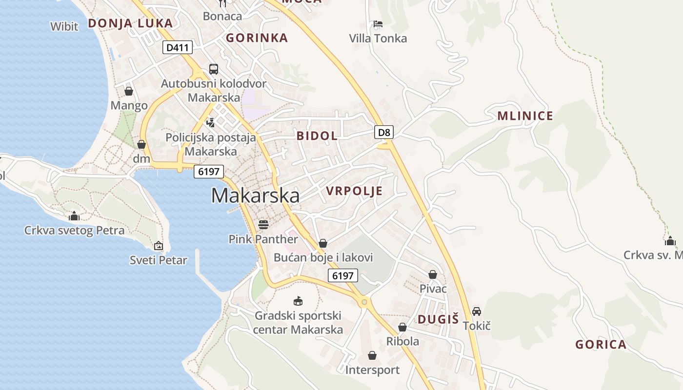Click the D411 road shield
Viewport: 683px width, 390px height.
(x=178, y=47)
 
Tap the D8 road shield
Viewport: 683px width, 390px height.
(x=384, y=132)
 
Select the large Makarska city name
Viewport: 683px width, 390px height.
(x=255, y=195)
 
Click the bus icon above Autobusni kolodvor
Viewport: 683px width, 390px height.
(x=214, y=69)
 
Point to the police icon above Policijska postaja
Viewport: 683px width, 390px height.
(x=211, y=122)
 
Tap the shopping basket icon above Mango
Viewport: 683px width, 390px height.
(x=129, y=91)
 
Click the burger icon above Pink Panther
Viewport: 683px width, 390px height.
(x=263, y=225)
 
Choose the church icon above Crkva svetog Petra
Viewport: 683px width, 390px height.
(x=74, y=216)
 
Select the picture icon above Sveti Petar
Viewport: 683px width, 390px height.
(x=159, y=246)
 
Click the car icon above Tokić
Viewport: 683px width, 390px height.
(x=477, y=312)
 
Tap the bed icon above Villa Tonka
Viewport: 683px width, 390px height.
(x=378, y=24)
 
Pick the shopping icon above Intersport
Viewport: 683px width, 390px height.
(x=372, y=355)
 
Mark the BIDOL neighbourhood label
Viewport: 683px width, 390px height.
(x=317, y=136)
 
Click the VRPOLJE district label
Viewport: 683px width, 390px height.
(x=354, y=191)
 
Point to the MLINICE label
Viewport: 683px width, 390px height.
(x=525, y=116)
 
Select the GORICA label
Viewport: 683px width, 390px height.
(x=601, y=345)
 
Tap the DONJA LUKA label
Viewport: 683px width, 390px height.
(x=130, y=23)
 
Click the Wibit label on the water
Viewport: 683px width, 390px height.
(x=64, y=26)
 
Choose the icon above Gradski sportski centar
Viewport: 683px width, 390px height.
(x=298, y=301)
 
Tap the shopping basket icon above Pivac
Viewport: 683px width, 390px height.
(x=433, y=274)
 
